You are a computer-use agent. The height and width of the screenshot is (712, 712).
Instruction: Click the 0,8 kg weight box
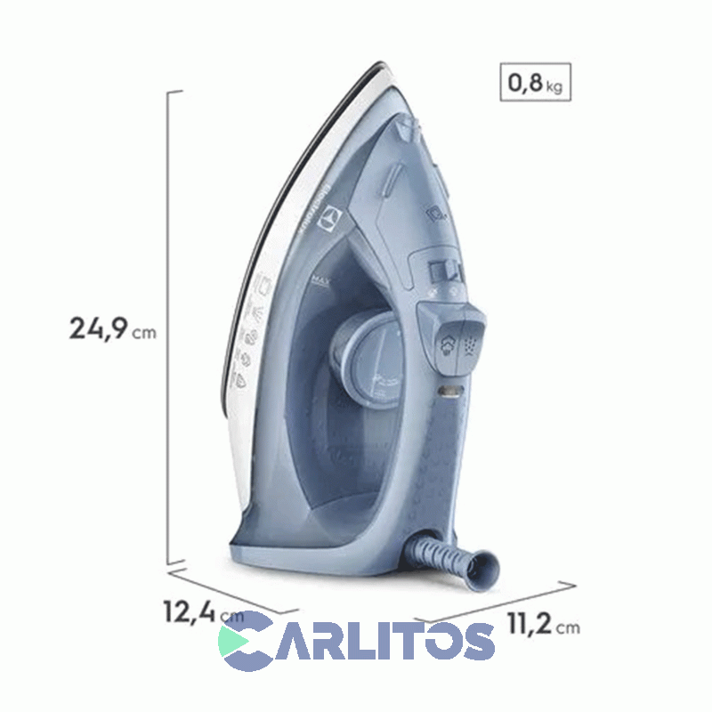pos(534,85)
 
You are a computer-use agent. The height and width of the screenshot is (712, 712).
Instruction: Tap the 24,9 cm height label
pos(112,328)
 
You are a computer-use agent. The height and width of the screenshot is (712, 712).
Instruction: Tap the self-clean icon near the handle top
pos(440,214)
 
